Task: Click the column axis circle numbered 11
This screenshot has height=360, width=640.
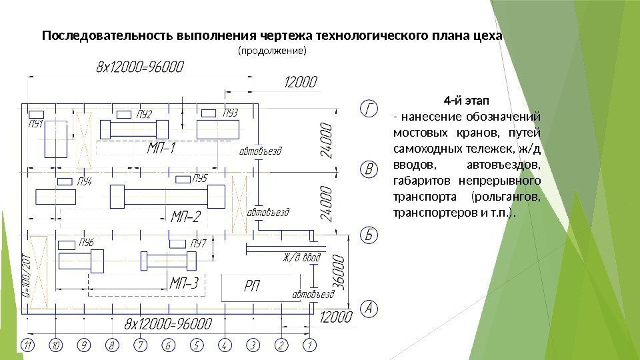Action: click(27, 345)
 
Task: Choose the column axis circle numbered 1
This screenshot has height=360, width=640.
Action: click(309, 345)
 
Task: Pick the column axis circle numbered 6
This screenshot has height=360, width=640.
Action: click(168, 345)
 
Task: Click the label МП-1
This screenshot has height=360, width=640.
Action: click(161, 148)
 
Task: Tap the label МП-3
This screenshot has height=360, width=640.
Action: click(184, 284)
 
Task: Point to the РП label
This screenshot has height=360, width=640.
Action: click(251, 286)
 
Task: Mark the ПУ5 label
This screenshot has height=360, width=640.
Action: click(200, 178)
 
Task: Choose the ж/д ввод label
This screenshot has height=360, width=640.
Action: click(302, 257)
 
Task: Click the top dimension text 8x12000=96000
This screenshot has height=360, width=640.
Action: click(141, 67)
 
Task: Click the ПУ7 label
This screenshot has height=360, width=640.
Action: click(198, 243)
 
